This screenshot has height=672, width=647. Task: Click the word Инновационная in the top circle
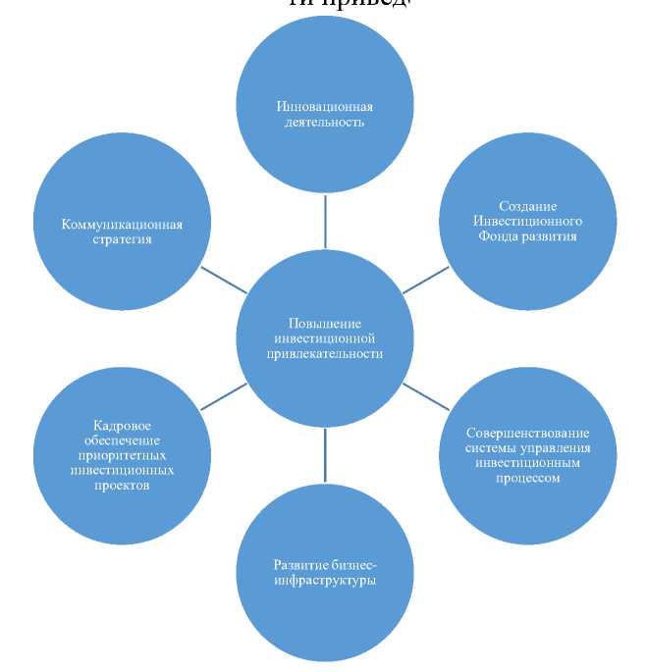click(324, 107)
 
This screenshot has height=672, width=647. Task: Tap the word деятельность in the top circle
click(324, 123)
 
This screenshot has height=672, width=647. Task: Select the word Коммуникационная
click(122, 225)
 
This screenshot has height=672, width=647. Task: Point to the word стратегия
click(122, 239)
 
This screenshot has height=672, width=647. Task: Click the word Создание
click(527, 206)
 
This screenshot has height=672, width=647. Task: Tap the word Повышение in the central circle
click(324, 324)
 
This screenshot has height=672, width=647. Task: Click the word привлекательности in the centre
click(324, 354)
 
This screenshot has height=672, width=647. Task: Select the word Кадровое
click(122, 425)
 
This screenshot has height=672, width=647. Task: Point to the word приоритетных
click(122, 455)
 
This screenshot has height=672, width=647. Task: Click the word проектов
click(122, 486)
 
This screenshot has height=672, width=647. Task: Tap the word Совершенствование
click(527, 433)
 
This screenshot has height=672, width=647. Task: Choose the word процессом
click(527, 479)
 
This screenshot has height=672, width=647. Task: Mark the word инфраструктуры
click(324, 581)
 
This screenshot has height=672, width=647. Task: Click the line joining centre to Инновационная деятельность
click(325, 222)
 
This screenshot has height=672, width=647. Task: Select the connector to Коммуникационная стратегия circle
click(224, 280)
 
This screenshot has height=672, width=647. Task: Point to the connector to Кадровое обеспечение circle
click(224, 395)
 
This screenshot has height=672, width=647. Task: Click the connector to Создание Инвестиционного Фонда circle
click(425, 280)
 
